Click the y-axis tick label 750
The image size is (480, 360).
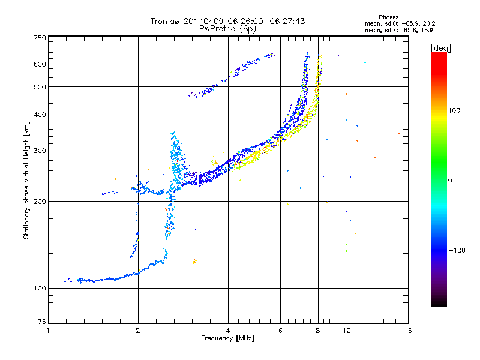point(40,38)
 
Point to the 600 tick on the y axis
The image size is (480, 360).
point(40,64)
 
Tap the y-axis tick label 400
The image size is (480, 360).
point(40,115)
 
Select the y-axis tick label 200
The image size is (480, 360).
point(40,202)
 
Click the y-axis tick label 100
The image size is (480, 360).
point(40,289)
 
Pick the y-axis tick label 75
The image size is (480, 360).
point(41,322)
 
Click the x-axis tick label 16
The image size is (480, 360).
point(407,331)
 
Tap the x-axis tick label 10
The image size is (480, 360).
point(347,331)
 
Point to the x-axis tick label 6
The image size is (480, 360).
point(281,331)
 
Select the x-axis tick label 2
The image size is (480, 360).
point(138,331)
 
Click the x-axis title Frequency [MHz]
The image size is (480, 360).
point(227,338)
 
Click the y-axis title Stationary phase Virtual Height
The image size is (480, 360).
point(26,180)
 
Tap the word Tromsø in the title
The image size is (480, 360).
point(166,21)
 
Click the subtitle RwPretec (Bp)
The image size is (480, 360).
point(228,28)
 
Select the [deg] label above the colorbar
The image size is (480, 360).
point(440,47)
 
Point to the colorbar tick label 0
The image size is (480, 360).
point(449,180)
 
